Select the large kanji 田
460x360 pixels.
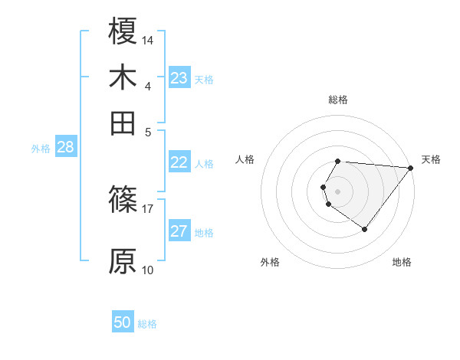click(x=123, y=123)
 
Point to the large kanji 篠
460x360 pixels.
click(x=123, y=200)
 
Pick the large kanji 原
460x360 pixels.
click(x=123, y=261)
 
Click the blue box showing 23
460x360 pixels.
click(x=179, y=78)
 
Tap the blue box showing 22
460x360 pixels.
click(x=179, y=162)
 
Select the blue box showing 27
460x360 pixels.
click(x=179, y=232)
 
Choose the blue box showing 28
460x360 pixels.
click(x=65, y=148)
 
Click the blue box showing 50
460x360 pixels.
click(x=123, y=323)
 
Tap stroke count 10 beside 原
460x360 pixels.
click(x=148, y=270)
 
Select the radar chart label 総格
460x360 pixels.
click(x=338, y=100)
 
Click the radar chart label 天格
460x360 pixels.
click(x=431, y=159)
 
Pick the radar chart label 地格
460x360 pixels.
click(x=402, y=262)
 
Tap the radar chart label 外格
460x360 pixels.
click(x=270, y=262)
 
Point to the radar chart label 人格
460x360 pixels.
click(x=245, y=159)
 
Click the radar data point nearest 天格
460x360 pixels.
click(x=410, y=168)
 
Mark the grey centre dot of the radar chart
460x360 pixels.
click(x=338, y=191)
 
